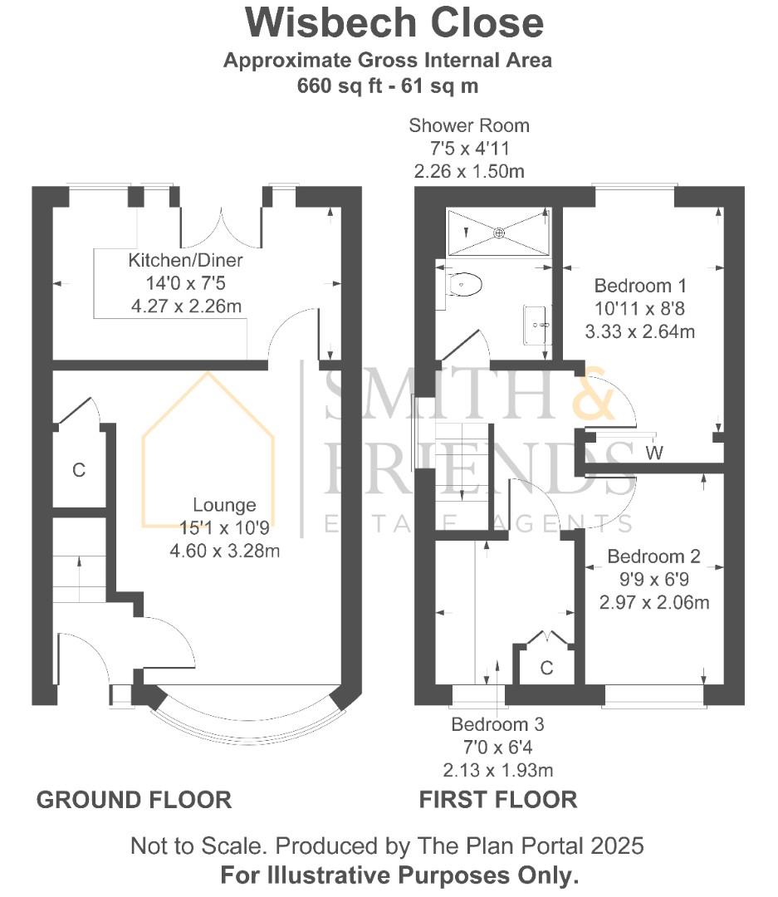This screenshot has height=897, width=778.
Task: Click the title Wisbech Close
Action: coord(394,23)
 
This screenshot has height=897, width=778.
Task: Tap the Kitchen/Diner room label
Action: coord(185,261)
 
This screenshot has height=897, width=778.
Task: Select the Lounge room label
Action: coord(224,505)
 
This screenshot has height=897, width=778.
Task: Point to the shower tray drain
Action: coord(499,233)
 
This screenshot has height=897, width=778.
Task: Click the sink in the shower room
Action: coord(536,324)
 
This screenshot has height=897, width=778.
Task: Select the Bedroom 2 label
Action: coord(653,556)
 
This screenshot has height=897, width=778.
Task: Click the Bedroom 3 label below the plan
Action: coord(497,724)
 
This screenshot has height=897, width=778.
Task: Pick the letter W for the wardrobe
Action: coord(656,453)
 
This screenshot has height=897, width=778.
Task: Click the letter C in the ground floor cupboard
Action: coord(79,471)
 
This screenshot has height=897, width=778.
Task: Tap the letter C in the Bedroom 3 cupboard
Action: coord(546,668)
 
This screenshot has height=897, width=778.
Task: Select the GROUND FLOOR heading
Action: coord(134,800)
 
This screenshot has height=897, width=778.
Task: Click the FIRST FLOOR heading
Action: coord(497,800)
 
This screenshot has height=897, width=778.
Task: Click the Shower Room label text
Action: coord(469,126)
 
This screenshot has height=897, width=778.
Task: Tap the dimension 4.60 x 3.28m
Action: coord(224,549)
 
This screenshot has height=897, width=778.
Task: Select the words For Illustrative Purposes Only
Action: coord(399,875)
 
